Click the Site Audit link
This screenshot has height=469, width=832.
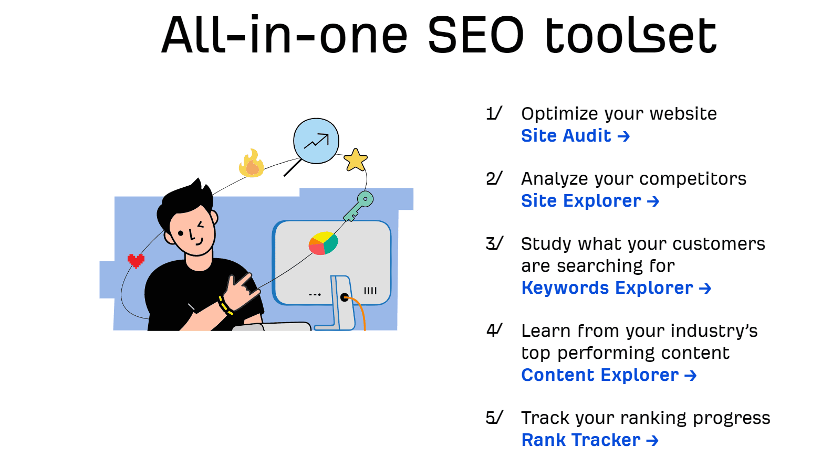coord(575,136)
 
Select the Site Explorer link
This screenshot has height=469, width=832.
coord(590,201)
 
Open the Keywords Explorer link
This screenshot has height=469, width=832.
coord(616,288)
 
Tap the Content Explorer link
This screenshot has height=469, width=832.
coord(609,375)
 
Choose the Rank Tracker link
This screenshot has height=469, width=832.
coord(590,440)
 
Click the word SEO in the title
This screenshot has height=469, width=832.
coord(476,35)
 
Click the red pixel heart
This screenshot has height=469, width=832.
coord(136,261)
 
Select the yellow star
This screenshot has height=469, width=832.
coord(356,161)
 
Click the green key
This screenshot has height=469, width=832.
coord(358,206)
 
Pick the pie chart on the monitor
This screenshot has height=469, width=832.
coord(323,243)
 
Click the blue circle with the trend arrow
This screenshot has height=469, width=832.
coord(316,141)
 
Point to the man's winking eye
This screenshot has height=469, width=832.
coord(201,225)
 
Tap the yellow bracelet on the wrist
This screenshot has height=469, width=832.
coord(225,305)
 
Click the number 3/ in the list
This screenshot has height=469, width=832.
coord(494,244)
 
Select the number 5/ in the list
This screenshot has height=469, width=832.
coord(494,418)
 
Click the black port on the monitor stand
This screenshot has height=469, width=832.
coord(345,297)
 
